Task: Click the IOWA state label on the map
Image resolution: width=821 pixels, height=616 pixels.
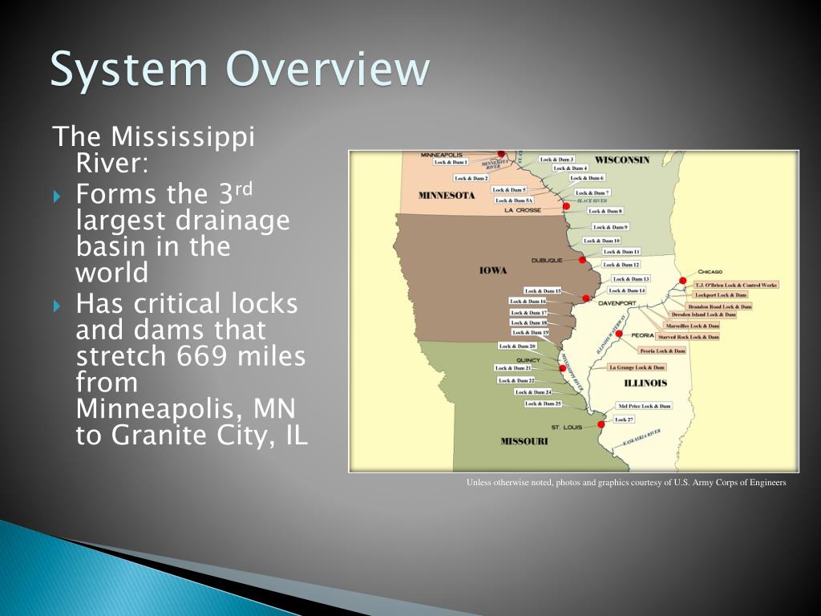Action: pos(493,270)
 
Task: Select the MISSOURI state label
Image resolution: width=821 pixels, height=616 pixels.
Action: pos(524,441)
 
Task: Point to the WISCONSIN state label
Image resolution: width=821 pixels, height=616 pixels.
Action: pos(622,160)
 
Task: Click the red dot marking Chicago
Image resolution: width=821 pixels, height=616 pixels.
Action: pos(682,281)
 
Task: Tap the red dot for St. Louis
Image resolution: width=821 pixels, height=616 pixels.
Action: pos(601,424)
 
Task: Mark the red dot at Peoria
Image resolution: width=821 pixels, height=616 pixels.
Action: pos(619,334)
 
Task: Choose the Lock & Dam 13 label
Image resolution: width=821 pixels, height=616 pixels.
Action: pos(631,278)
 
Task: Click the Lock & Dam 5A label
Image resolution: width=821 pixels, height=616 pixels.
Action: pos(514,201)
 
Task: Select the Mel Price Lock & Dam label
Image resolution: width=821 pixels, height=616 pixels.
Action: pos(643,407)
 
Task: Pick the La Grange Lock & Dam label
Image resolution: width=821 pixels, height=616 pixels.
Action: pos(637,367)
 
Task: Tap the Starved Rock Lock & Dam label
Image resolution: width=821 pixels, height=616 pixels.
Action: pos(688,337)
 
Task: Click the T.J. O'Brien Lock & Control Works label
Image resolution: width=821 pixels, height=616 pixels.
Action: pos(735,285)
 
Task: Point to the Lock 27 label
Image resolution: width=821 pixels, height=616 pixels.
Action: pos(624,419)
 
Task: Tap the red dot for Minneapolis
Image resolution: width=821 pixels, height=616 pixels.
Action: pos(501,154)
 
